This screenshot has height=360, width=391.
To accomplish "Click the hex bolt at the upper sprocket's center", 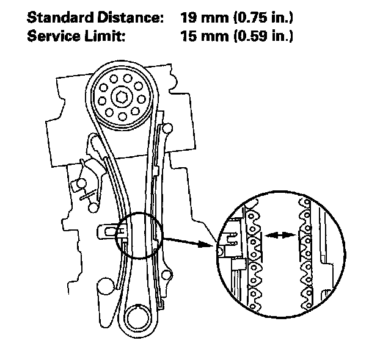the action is (120, 96).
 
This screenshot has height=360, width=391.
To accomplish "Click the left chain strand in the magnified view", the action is (253, 256).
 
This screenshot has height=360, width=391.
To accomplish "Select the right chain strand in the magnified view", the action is (304, 256).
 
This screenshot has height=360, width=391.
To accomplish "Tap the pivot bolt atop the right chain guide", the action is (163, 128).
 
